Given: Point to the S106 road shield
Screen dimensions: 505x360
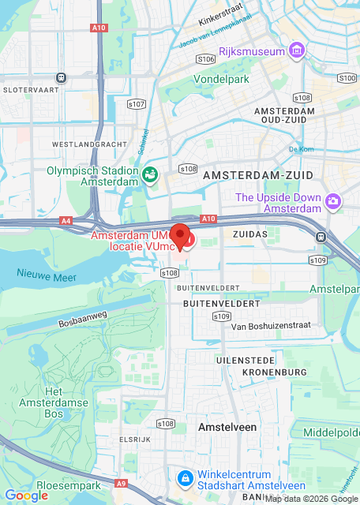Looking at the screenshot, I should click(206, 58).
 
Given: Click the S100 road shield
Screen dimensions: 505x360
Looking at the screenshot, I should click(347, 78).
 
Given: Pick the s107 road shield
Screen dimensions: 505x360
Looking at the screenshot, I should click(137, 104).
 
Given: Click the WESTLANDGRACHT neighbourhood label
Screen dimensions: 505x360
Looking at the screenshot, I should click(89, 145).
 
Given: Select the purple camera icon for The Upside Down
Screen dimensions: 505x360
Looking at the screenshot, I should click(333, 202).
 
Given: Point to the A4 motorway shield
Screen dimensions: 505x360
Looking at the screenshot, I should click(66, 222).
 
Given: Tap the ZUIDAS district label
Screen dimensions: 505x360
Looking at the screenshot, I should click(251, 235).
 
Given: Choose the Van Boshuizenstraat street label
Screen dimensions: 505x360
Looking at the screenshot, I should click(270, 326).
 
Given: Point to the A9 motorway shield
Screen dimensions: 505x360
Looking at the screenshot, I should click(120, 483).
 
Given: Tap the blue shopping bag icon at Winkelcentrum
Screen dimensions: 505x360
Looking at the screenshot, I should click(184, 478).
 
